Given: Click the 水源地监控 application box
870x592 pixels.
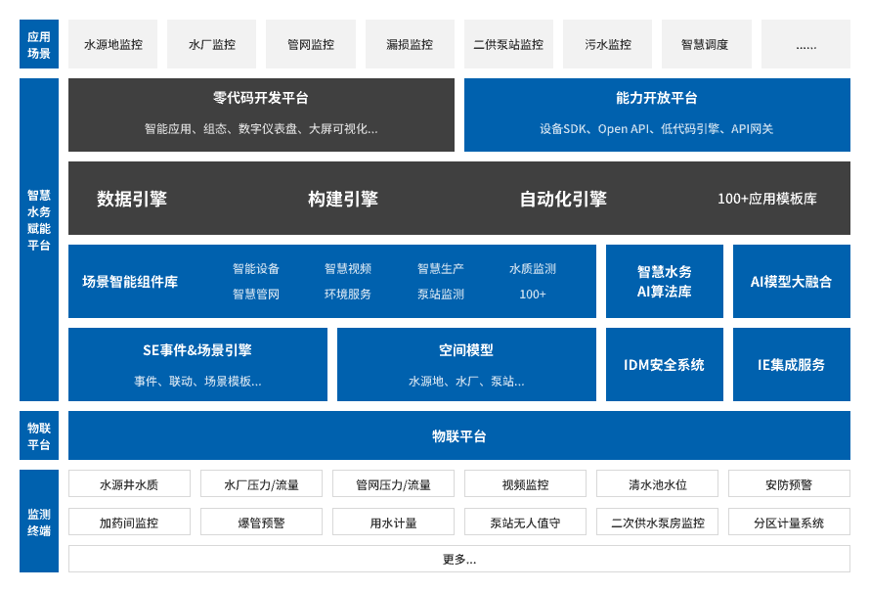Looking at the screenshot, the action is click(x=112, y=44).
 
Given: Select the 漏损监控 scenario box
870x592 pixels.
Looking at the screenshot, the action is click(x=410, y=44).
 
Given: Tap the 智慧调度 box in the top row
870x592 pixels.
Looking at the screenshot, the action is click(x=707, y=44).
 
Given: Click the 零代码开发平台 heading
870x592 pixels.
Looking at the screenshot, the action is click(x=261, y=98).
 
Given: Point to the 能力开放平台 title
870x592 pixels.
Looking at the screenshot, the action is click(x=656, y=98).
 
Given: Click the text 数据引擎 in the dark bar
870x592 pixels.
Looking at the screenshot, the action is click(x=132, y=199).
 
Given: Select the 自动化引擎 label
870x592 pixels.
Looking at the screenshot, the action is click(x=563, y=199).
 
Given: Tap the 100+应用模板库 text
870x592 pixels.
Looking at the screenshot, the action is click(x=766, y=199).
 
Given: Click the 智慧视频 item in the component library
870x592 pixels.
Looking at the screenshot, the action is click(x=348, y=269).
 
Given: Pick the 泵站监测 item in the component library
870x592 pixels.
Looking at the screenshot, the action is click(x=441, y=295).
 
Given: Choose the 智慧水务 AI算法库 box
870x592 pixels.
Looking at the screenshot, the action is click(x=664, y=281).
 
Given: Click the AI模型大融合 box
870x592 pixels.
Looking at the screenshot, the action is click(x=791, y=281).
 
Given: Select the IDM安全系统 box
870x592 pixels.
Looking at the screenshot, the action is click(x=664, y=364).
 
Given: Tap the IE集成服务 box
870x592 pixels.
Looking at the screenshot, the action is click(x=791, y=364).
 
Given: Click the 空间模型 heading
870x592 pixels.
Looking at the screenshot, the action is click(x=466, y=350).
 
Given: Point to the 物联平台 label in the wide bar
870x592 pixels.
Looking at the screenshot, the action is click(x=459, y=436).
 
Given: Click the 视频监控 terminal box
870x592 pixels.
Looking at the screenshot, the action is click(x=525, y=483).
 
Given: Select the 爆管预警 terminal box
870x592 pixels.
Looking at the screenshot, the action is click(x=261, y=522).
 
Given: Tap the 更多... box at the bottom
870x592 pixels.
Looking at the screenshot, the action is click(x=459, y=559).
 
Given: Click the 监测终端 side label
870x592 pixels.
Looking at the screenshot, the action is click(x=39, y=522).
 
